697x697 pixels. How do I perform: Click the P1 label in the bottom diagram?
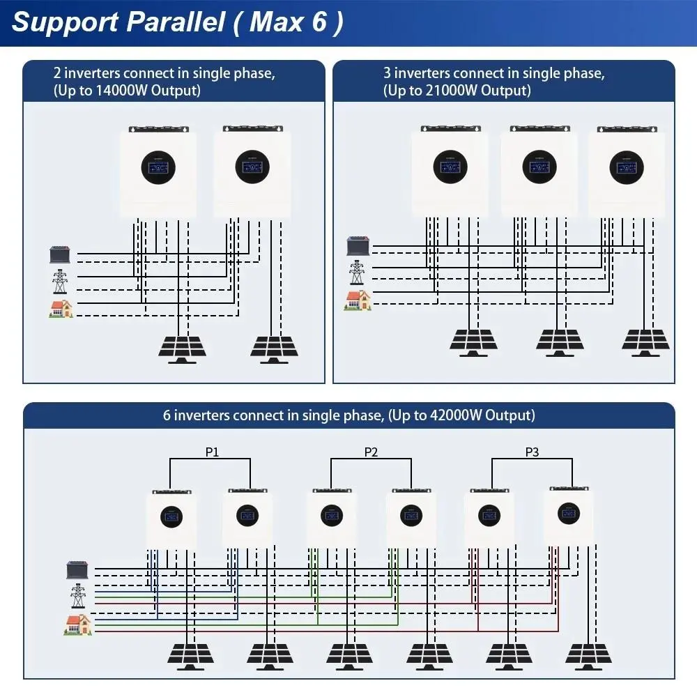pos(212,452)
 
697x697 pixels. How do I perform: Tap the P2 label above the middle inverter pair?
pos(371,452)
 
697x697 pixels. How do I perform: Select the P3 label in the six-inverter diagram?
pos(532,452)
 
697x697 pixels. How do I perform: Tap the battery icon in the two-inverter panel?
pos(60,254)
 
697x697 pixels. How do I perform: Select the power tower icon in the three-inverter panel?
pos(357,272)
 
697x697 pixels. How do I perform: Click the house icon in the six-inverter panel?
pos(77,624)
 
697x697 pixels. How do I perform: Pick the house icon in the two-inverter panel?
pos(61,309)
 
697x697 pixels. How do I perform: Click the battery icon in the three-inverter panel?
pos(358,246)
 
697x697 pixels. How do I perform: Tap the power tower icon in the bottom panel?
pos(77,596)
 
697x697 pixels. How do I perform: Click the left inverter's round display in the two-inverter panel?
pos(158,165)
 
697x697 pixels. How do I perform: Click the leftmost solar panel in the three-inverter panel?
pos(474,342)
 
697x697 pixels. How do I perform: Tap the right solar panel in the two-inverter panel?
pos(273,348)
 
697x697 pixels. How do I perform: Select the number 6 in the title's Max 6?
pos(319,22)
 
